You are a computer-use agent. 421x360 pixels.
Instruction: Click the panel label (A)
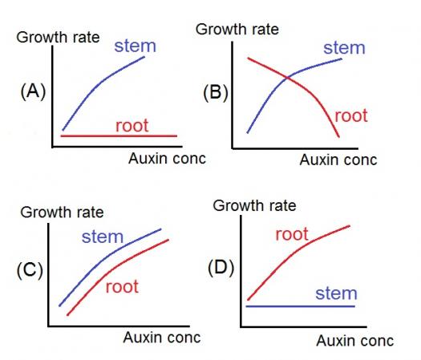click(33, 91)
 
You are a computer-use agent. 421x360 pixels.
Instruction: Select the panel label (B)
click(216, 93)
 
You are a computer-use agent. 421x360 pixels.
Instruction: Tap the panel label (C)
click(30, 270)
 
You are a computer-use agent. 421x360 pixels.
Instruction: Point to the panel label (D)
click(221, 268)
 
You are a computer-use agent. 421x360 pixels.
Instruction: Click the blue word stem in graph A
click(135, 46)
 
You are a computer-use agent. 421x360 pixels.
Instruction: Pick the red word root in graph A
click(132, 125)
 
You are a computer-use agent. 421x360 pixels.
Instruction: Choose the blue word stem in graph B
click(344, 48)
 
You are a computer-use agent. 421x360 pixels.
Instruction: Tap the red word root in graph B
click(351, 115)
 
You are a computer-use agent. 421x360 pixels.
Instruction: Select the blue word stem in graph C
click(103, 237)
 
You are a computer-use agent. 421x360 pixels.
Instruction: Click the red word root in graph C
click(122, 286)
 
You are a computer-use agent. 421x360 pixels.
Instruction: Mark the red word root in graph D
click(292, 234)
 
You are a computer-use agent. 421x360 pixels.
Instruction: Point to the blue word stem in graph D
click(336, 293)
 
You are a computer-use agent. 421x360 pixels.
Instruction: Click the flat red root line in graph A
click(119, 136)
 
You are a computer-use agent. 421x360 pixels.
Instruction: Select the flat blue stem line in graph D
click(301, 306)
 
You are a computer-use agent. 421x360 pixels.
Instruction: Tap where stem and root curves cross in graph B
click(288, 78)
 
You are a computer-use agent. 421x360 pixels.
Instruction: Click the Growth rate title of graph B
click(237, 29)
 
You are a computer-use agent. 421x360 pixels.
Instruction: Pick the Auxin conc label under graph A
click(167, 159)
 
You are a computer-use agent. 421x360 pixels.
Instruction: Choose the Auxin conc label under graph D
click(355, 341)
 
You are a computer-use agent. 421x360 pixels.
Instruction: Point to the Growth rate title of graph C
click(62, 212)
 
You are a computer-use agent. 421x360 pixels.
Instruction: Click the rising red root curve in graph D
click(291, 255)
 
